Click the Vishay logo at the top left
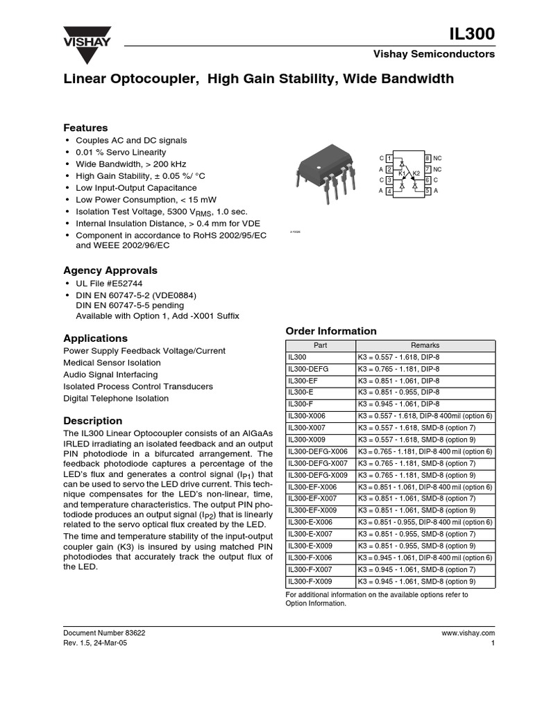click(x=83, y=37)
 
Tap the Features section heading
click(x=85, y=128)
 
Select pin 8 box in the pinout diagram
click(x=428, y=159)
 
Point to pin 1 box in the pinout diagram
click(x=389, y=159)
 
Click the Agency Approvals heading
click(x=110, y=270)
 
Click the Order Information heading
click(x=331, y=331)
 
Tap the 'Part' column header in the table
click(x=320, y=345)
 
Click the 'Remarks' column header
click(x=425, y=345)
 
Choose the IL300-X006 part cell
click(x=306, y=416)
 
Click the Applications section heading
click(x=95, y=338)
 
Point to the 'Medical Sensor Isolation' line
click(x=112, y=363)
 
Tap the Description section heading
click(x=93, y=421)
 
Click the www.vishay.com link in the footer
click(x=468, y=633)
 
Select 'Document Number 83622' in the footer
click(x=104, y=633)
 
